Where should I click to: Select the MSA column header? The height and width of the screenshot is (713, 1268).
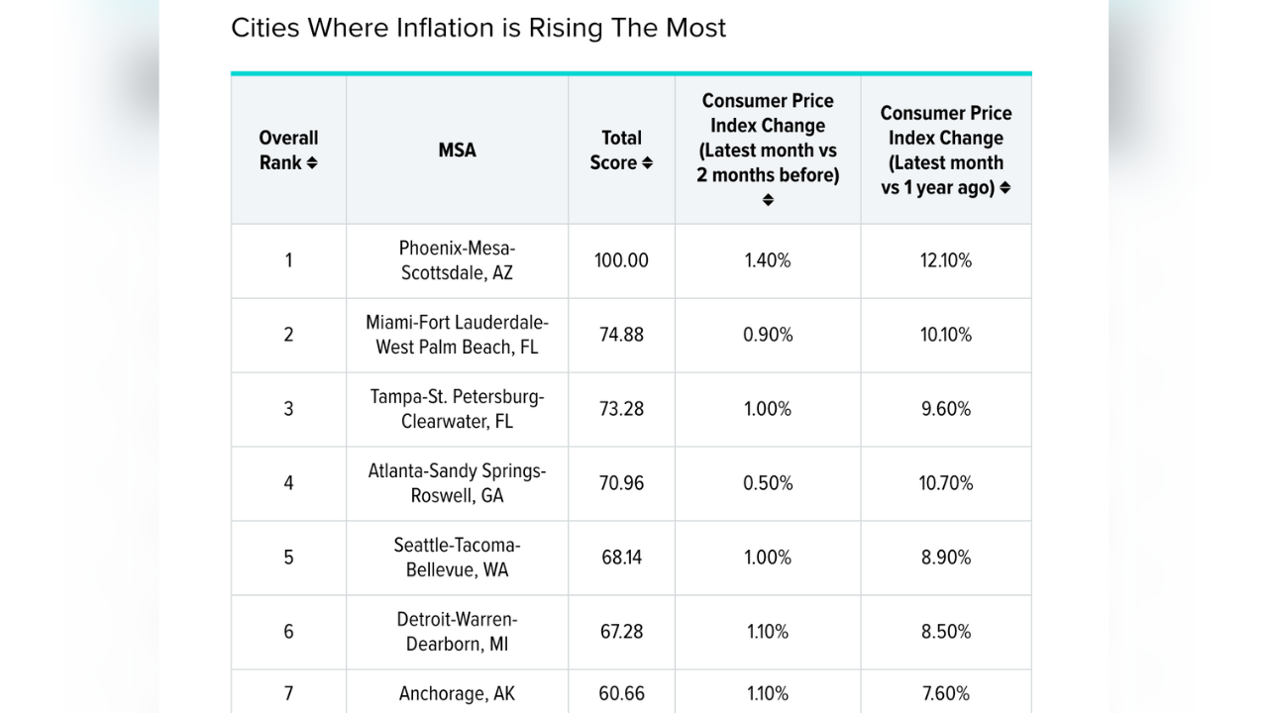pos(457,151)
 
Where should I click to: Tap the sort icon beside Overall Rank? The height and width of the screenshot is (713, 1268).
pos(312,163)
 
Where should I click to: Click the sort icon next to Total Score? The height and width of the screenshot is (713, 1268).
pos(648,163)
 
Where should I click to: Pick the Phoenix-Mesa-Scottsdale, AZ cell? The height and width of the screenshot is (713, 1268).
pos(457,260)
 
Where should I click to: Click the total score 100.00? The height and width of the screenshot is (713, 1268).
pos(621,260)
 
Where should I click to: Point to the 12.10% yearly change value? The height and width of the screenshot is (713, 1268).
pos(946,260)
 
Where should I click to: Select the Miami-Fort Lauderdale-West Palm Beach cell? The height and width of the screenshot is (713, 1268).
pos(457,335)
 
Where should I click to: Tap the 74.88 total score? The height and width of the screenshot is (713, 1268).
pos(621,335)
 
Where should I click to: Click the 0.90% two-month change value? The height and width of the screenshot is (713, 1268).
pos(768,335)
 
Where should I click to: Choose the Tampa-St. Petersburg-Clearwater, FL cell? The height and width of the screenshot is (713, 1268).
pos(457,409)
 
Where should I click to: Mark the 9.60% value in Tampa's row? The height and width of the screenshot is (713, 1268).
pos(946,409)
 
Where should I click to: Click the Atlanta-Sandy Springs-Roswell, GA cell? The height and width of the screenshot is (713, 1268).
pos(457,483)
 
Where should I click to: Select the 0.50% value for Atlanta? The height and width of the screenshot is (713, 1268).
pos(768,483)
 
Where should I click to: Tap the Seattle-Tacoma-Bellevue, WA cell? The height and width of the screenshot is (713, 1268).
pos(457,558)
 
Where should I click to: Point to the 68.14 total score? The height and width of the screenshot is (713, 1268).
pos(621,558)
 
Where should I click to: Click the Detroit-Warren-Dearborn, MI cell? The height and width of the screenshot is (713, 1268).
pos(457,632)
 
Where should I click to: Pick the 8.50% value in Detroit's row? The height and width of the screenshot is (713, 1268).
pos(946,632)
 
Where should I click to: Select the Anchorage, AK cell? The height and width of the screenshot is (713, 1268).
pos(457,694)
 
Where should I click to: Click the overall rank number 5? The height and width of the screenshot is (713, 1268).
pos(288,558)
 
